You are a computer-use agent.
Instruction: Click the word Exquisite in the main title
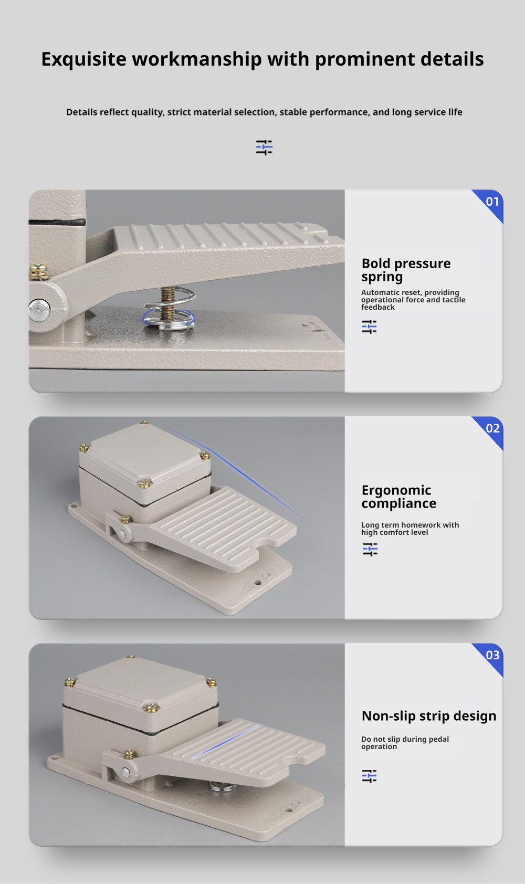[83, 60]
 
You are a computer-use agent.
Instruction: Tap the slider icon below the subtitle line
[264, 148]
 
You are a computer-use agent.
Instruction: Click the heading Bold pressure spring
[406, 270]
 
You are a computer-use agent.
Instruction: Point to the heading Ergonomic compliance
[398, 497]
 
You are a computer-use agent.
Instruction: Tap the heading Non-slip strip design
[429, 716]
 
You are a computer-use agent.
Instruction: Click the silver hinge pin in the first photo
[39, 310]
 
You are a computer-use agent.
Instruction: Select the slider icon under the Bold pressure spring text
[369, 327]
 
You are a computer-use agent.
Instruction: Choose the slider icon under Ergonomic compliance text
[370, 549]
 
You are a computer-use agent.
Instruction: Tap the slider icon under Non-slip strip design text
[369, 776]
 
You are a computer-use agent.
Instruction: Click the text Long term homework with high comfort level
[409, 529]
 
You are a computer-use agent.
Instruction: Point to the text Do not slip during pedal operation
[405, 743]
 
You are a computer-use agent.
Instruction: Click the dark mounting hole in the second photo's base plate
[257, 583]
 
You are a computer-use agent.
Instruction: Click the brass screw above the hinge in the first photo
[39, 272]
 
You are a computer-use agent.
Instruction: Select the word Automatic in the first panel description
[380, 292]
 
